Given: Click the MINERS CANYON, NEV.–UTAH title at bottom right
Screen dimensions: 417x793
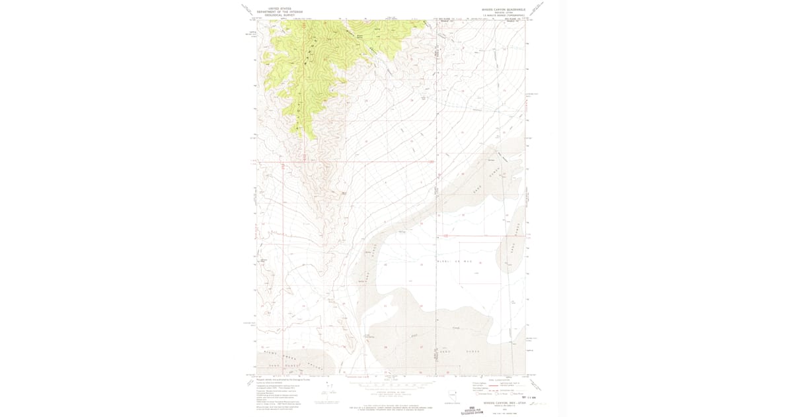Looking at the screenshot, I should pos(500,400).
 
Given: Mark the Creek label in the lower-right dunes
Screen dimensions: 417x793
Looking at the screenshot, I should pos(455,328).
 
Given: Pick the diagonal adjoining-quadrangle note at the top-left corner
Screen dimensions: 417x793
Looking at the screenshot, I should pos(247,9).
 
